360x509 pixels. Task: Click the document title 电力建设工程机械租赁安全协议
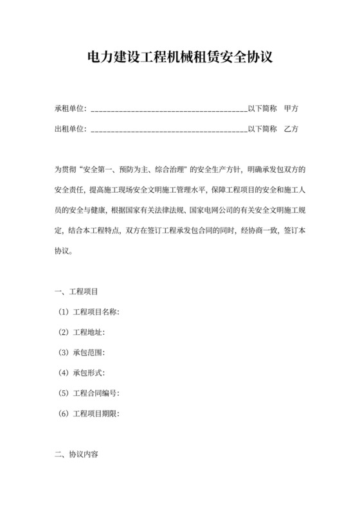pos(180,57)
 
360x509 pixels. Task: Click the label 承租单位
pos(69,109)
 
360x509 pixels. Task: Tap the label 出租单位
pos(69,129)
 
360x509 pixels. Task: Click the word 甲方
pos(291,109)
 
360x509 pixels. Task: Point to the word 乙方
pos(291,129)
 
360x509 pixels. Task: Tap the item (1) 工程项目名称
pos(88,312)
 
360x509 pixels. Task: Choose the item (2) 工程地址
pos(80,332)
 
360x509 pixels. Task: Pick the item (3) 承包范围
pos(80,353)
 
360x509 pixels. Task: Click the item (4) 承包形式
pos(80,373)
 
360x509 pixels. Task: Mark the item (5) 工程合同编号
pos(88,393)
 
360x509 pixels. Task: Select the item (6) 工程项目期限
pos(88,413)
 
